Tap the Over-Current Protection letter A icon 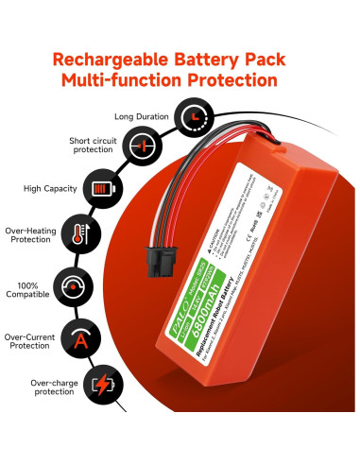(77, 336)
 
